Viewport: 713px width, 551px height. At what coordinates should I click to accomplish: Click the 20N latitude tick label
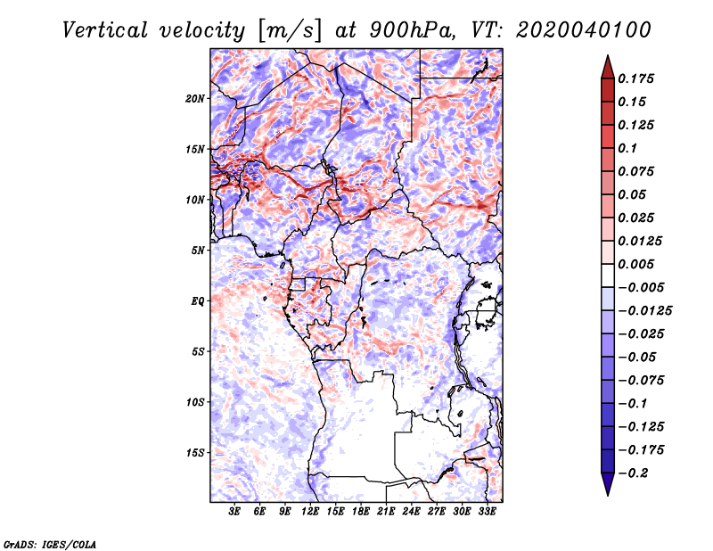(x=194, y=99)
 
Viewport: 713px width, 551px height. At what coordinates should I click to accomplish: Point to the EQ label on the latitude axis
(x=198, y=301)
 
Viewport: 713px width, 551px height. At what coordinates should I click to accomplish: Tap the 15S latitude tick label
(x=194, y=453)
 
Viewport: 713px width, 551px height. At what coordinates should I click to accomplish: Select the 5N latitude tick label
(x=197, y=251)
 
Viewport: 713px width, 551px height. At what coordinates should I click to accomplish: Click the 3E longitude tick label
(x=234, y=512)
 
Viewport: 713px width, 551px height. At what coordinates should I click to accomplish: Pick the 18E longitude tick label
(x=361, y=512)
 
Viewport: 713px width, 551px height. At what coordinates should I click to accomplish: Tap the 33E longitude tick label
(x=487, y=512)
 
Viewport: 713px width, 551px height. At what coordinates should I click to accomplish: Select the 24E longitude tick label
(x=411, y=512)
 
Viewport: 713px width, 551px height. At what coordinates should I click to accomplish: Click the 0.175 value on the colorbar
(x=635, y=78)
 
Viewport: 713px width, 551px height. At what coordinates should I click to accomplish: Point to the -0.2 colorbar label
(x=633, y=473)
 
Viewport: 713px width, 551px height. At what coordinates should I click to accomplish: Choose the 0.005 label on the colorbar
(x=635, y=264)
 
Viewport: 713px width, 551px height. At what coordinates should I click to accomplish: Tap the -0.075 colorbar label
(x=641, y=381)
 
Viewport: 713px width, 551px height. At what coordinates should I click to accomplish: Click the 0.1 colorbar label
(x=627, y=148)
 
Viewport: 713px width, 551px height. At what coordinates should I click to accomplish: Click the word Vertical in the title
(x=105, y=30)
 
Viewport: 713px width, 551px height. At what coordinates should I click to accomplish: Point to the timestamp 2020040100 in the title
(x=584, y=30)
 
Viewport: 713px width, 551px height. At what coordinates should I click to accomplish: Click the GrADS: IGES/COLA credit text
(x=50, y=545)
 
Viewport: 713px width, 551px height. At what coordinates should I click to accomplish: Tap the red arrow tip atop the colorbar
(x=608, y=56)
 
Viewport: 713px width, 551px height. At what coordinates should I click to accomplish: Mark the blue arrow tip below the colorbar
(x=608, y=494)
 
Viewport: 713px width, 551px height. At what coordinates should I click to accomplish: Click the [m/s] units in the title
(x=290, y=30)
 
